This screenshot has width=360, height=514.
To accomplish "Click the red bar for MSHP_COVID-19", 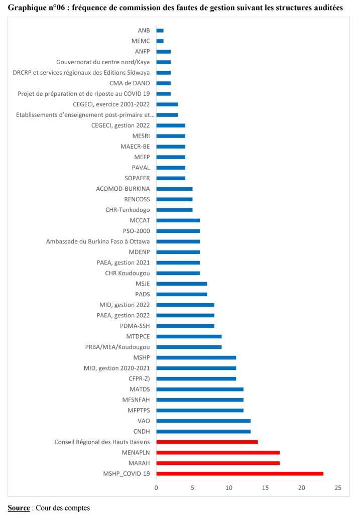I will coord(239,473).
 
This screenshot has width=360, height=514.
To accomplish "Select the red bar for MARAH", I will coord(218,463).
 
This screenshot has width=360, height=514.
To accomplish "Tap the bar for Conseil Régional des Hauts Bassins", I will coord(207,442).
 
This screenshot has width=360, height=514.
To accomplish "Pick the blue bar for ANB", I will coord(160,31).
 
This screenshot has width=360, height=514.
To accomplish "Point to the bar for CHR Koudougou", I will coord(178,273).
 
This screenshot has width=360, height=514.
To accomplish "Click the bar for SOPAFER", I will coord(171,178).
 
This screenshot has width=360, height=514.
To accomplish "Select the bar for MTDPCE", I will coord(189,336).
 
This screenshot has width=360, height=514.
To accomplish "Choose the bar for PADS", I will coord(181,294).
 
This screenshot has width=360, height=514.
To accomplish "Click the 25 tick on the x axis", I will coord(338,488).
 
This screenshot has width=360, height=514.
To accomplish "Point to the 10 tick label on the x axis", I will coord(229,488).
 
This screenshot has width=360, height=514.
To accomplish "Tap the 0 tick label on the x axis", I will coord(156,488).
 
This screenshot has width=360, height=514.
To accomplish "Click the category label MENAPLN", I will coord(136,452).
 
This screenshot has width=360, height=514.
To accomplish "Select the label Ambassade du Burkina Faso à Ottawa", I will coord(98,241).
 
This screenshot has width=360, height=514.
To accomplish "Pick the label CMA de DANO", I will coord(130,83).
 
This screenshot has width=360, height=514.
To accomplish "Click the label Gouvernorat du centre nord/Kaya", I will coord(103,62).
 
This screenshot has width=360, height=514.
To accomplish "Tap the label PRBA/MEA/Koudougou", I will coord(117,347).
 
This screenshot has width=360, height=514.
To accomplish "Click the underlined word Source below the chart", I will coord(19,508).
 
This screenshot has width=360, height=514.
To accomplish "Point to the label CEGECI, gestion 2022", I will coord(121,125).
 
